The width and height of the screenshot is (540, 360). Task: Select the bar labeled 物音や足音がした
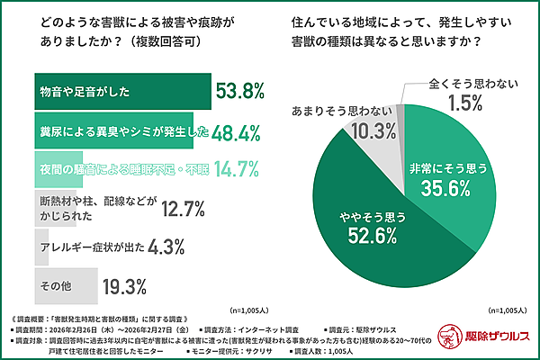coord(121,90)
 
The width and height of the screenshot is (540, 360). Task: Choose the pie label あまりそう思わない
coord(344,112)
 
